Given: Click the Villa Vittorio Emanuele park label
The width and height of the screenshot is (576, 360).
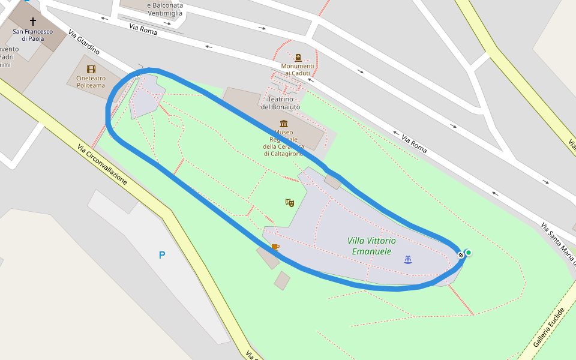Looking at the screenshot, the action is [371, 246].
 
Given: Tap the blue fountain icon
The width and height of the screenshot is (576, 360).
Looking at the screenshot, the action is [408, 259].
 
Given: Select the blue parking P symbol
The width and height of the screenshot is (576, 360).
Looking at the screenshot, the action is [161, 255].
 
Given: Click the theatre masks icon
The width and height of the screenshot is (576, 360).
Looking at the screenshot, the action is [290, 203].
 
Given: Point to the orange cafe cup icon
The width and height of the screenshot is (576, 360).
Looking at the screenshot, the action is [275, 247].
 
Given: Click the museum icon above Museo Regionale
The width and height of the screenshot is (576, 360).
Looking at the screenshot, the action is [283, 124].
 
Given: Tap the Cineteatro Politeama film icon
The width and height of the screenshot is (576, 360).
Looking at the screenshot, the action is [91, 70].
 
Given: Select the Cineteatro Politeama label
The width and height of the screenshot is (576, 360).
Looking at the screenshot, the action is [91, 82].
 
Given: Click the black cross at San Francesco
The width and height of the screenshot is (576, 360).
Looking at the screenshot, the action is [33, 21].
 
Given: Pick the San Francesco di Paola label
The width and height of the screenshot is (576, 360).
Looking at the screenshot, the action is [33, 35].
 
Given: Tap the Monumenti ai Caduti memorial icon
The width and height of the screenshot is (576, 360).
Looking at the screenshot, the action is [298, 58].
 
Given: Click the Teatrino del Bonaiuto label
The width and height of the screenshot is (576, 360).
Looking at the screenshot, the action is [280, 103].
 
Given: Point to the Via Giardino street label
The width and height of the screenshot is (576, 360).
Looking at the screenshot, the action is [84, 42].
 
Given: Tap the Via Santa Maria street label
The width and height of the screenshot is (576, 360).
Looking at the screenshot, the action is [557, 244].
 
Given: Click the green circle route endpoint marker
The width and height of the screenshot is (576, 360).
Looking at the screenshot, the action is [468, 253].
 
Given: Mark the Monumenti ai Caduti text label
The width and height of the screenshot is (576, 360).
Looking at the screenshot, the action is [298, 70].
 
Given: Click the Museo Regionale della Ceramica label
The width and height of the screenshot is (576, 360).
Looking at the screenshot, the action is [283, 143].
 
